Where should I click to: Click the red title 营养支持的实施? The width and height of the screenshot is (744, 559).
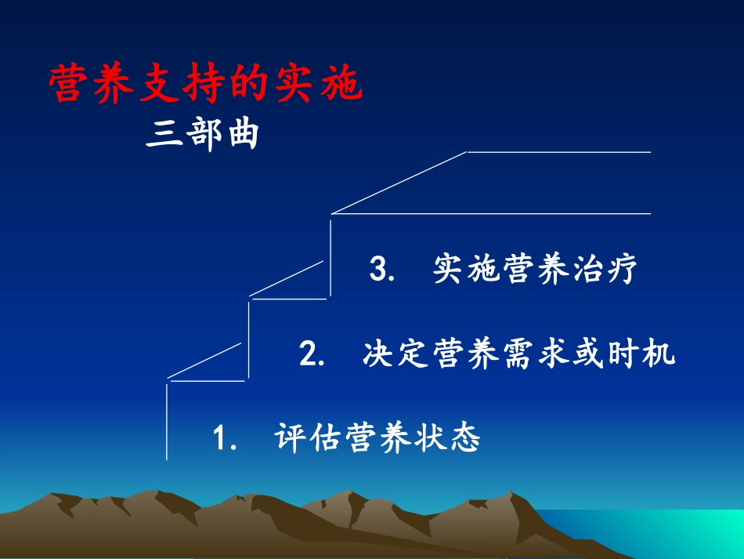(x=206, y=85)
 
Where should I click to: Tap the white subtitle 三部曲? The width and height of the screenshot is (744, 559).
(x=202, y=135)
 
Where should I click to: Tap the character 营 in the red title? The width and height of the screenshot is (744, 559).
(x=68, y=85)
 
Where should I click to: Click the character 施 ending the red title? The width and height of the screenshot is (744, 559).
(x=342, y=85)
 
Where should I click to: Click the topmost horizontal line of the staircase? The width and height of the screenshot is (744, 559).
(x=559, y=151)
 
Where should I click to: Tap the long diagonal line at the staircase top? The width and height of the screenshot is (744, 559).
(x=399, y=182)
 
